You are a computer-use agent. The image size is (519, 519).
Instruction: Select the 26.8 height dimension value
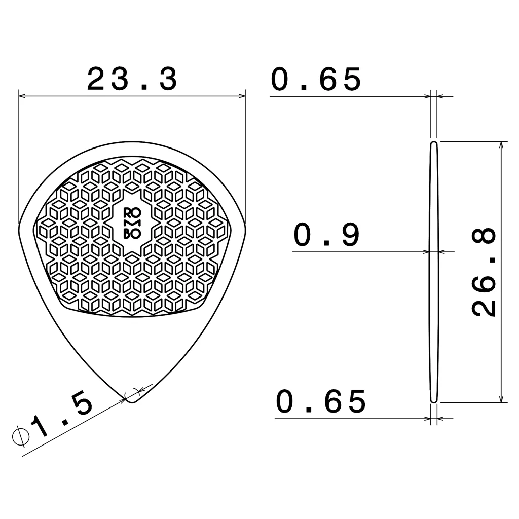(x=484, y=272)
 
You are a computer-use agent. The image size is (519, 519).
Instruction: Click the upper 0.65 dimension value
(x=316, y=80)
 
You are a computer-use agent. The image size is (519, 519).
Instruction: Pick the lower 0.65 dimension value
(x=320, y=401)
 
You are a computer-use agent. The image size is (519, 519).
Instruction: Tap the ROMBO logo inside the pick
(x=132, y=223)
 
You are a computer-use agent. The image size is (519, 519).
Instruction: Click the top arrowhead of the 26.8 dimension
(x=501, y=145)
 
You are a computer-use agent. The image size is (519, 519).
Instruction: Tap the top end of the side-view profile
(x=434, y=144)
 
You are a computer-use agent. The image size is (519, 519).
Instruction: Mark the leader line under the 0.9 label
(x=355, y=251)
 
